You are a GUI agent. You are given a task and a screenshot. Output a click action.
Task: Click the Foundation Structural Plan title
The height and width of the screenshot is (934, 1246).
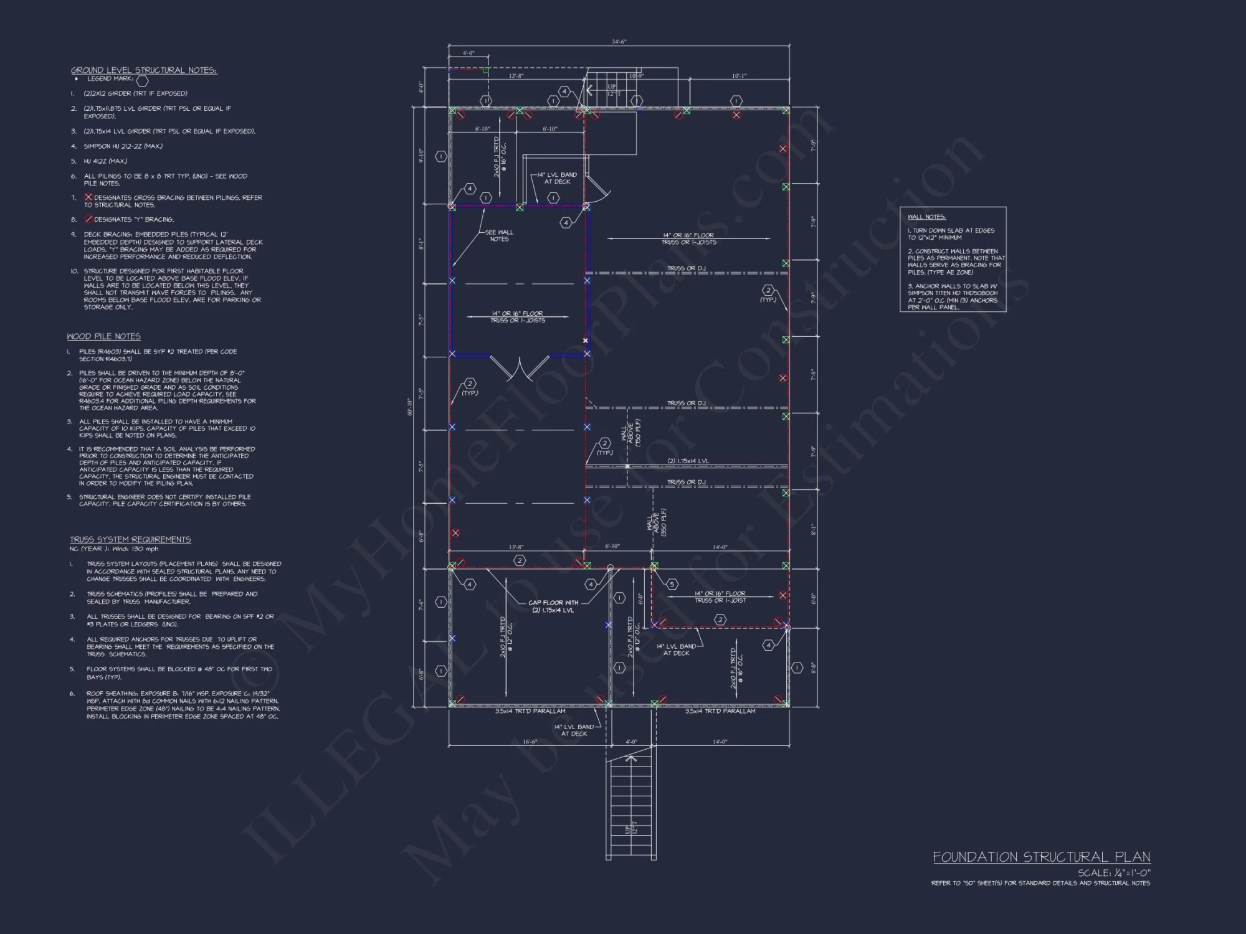[x=1041, y=857]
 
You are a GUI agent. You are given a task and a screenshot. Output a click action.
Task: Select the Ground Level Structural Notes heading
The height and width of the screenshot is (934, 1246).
[x=144, y=70]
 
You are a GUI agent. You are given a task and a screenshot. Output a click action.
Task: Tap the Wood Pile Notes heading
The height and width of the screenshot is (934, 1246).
[x=104, y=336]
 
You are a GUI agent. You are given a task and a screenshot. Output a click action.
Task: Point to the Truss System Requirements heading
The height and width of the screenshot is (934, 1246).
[x=130, y=539]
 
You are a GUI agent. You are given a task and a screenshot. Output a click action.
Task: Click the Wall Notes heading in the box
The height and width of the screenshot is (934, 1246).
[x=926, y=217]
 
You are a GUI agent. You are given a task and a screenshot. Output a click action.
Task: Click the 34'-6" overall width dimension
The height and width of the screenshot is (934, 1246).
[x=619, y=42]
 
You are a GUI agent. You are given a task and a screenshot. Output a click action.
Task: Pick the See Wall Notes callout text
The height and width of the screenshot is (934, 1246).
[x=499, y=235]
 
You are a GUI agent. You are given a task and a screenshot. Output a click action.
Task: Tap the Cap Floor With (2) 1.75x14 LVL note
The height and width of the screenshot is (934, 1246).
[x=553, y=606]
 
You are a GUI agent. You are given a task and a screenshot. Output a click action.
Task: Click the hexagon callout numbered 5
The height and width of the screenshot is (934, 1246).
[x=672, y=584]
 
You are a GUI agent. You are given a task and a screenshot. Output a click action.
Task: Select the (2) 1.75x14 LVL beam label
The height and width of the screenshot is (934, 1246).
[x=688, y=461]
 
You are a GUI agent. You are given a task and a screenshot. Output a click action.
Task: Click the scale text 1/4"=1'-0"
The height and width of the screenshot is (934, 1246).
[x=1114, y=873]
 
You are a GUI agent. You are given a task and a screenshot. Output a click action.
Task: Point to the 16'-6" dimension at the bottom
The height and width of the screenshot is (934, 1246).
[x=530, y=742]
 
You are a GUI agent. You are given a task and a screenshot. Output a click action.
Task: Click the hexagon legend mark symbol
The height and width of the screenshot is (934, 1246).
[x=143, y=80]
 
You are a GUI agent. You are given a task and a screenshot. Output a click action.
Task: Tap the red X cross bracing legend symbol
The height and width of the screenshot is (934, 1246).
[x=88, y=197]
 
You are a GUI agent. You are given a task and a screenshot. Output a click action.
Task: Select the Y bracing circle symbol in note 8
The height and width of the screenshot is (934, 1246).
[x=88, y=219]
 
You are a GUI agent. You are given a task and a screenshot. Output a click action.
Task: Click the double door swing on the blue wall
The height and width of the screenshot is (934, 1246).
[x=519, y=369]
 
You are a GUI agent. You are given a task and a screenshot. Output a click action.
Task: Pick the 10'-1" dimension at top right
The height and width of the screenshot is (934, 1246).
[x=739, y=76]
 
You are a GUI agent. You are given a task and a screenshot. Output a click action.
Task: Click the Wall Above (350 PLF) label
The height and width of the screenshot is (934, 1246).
[x=656, y=522]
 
